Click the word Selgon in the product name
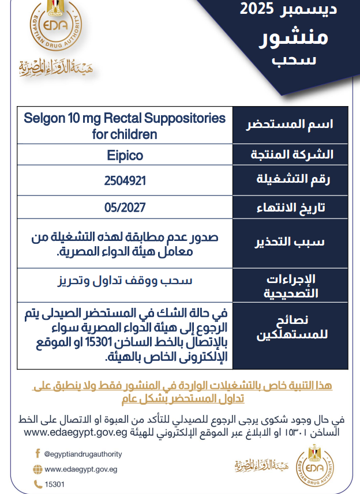coord(42,119)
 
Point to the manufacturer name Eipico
coord(125,156)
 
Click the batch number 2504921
coord(125,180)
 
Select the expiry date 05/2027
coord(125,207)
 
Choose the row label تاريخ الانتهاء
coord(291,207)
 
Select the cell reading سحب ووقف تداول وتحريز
coord(125,282)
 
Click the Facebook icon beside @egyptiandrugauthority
coord(37,454)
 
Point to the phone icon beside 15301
coord(37,484)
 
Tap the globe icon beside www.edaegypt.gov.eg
coord(37,469)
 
